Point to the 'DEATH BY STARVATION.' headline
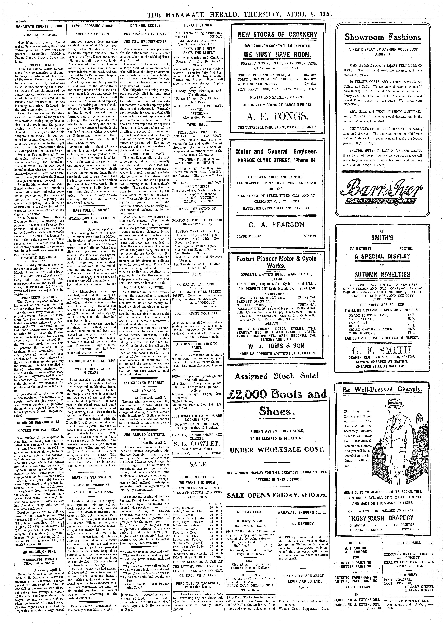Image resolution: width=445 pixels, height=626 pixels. (x=92, y=477)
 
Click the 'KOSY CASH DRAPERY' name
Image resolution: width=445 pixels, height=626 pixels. (x=383, y=517)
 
